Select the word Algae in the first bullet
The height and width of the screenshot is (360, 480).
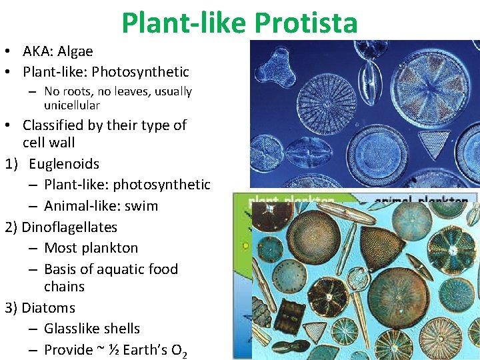[76, 51]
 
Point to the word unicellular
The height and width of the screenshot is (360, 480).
[72, 105]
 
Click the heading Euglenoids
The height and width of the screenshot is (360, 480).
[64, 164]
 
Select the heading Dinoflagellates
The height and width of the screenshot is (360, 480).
[69, 227]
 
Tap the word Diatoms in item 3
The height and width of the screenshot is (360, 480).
[48, 308]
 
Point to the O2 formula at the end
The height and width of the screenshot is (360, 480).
[179, 350]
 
